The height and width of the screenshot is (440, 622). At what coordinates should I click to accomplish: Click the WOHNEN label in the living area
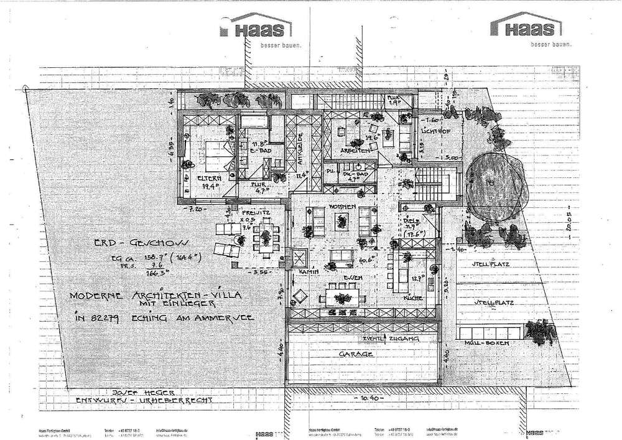pyautogui.click(x=343, y=207)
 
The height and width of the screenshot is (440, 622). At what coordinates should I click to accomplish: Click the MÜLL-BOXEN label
pyautogui.click(x=491, y=344)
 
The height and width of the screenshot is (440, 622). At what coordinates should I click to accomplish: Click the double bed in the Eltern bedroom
pyautogui.click(x=214, y=155)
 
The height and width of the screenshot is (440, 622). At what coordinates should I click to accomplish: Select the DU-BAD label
pyautogui.click(x=354, y=176)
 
